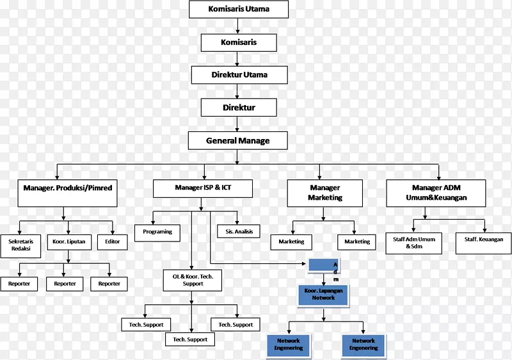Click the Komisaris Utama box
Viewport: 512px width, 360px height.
[239, 9]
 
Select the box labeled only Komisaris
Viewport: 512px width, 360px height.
[238, 42]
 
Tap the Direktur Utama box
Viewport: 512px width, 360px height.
[239, 75]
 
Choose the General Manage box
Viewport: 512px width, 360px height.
[238, 140]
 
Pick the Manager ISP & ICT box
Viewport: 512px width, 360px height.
[203, 188]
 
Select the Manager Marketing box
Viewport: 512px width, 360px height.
[324, 193]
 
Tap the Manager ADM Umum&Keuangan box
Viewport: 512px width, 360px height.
[435, 193]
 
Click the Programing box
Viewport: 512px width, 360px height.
[157, 232]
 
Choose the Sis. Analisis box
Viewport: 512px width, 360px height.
[239, 232]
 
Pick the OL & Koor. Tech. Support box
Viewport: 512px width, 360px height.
[193, 279]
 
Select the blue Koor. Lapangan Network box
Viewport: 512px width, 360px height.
[324, 295]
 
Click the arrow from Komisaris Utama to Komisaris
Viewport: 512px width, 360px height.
[238, 26]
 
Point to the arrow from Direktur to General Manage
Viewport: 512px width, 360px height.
[238, 124]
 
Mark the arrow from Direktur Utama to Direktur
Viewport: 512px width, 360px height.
[238, 91]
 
